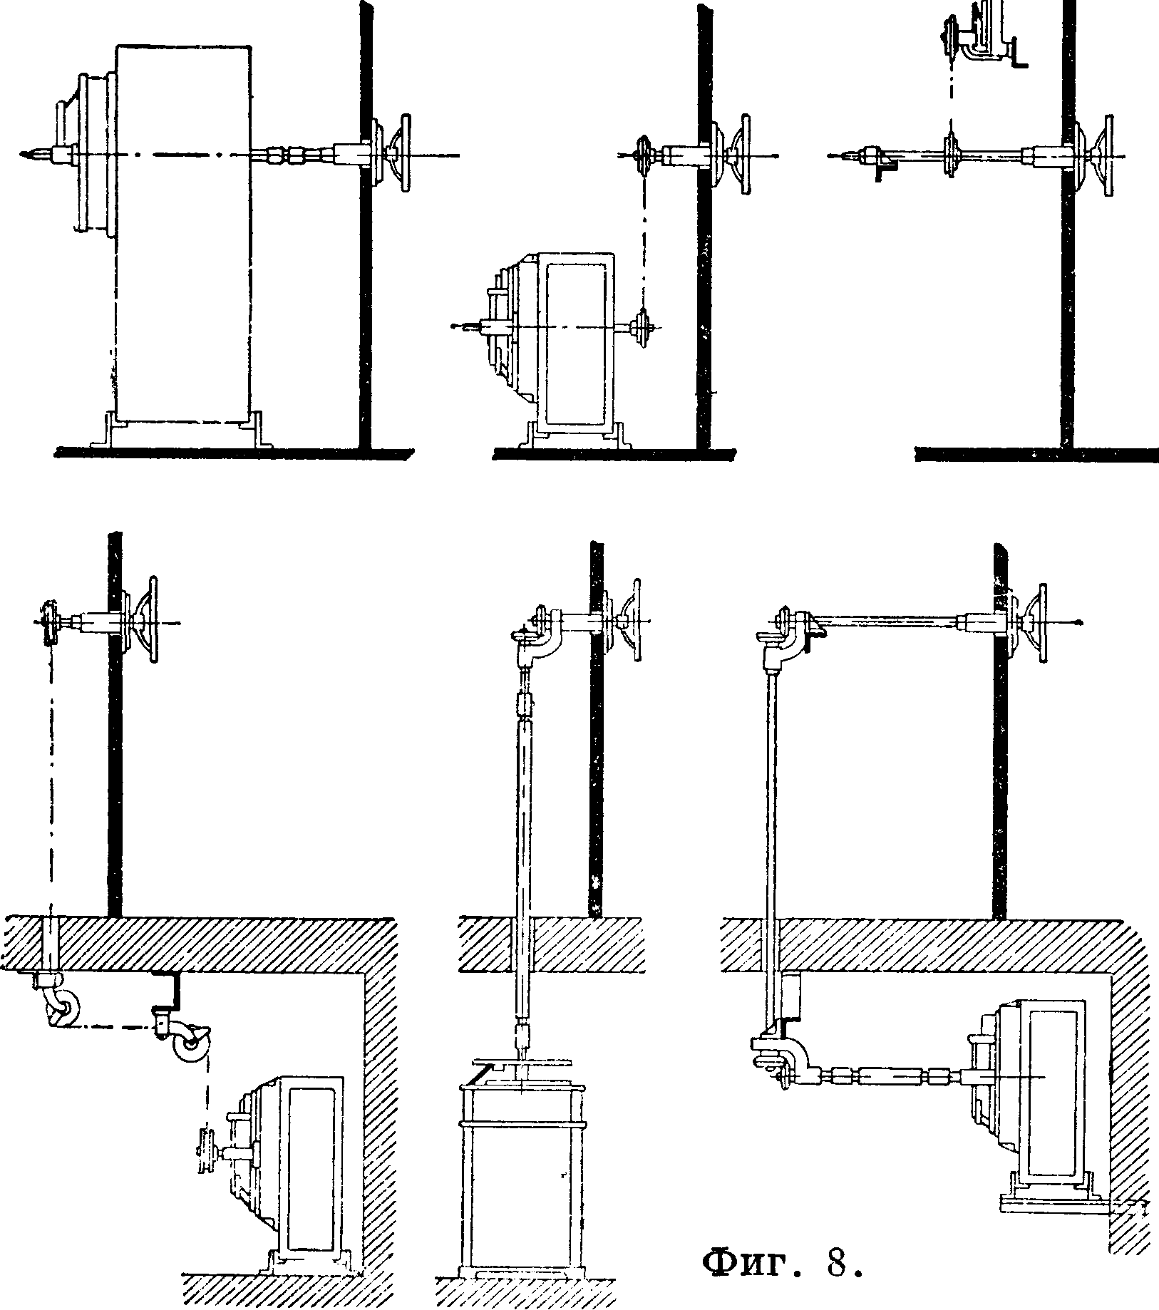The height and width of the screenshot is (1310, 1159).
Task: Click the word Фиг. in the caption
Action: pyautogui.click(x=753, y=1263)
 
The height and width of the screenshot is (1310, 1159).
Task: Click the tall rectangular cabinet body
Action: pyautogui.click(x=183, y=234)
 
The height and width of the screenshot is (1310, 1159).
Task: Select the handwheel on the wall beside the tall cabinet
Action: pyautogui.click(x=397, y=153)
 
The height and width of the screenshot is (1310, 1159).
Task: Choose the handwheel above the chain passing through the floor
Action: pyautogui.click(x=148, y=622)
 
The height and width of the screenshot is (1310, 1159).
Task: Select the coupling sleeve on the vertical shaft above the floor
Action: pyautogui.click(x=528, y=706)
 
